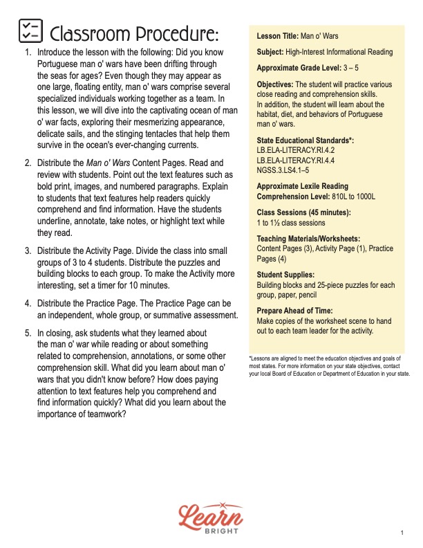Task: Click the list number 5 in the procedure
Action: pos(28,334)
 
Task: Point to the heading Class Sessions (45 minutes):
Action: pos(303,212)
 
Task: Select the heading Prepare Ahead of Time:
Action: pos(294,311)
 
